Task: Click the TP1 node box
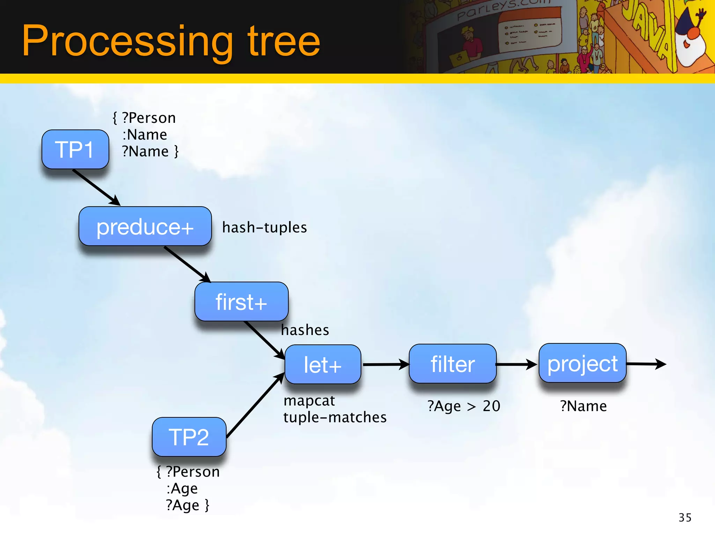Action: pos(75,149)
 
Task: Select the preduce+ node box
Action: pos(145,226)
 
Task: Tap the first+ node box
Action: pos(241,301)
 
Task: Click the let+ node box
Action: pos(323,364)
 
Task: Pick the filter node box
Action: pos(452,364)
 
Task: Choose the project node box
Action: pos(582,363)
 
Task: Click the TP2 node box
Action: pos(189,437)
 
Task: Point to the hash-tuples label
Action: pos(264,228)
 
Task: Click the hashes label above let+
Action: pos(305,330)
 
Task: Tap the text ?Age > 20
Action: pos(464,406)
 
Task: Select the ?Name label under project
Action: pos(583,406)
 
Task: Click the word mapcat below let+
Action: pos(309,401)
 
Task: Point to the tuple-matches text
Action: pos(335,417)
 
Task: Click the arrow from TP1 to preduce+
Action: pos(96,187)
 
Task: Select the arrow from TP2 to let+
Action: pos(255,406)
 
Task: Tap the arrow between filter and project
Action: pos(516,364)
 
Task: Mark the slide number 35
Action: pos(685,518)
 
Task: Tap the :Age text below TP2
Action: pos(182,489)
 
